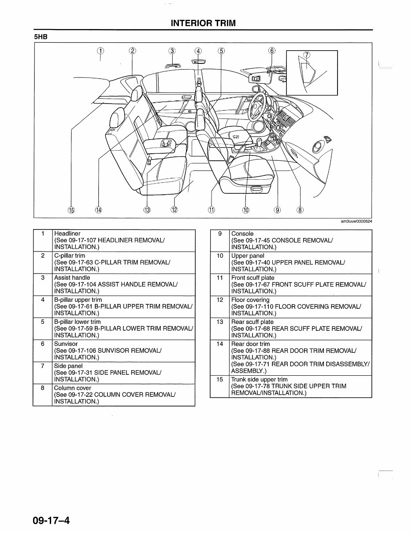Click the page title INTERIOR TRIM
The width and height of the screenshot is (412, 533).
(203, 23)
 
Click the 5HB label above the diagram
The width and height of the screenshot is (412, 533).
(41, 37)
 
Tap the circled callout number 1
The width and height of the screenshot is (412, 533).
(101, 51)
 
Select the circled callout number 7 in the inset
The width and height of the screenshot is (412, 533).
(307, 55)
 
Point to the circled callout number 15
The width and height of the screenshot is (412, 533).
(71, 210)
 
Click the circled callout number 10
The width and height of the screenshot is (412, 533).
(245, 210)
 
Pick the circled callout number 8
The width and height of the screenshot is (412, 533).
(300, 210)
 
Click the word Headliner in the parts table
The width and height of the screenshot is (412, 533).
(67, 233)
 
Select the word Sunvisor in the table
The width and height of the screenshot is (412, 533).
(66, 344)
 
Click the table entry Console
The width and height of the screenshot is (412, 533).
(242, 233)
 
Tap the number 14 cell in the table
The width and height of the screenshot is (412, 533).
(220, 344)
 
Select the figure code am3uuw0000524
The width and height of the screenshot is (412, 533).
(356, 221)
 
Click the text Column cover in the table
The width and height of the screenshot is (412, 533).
(73, 388)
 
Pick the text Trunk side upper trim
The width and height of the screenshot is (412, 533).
(260, 379)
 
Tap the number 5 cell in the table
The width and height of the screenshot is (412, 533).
(43, 322)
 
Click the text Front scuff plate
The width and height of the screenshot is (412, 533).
(253, 278)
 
